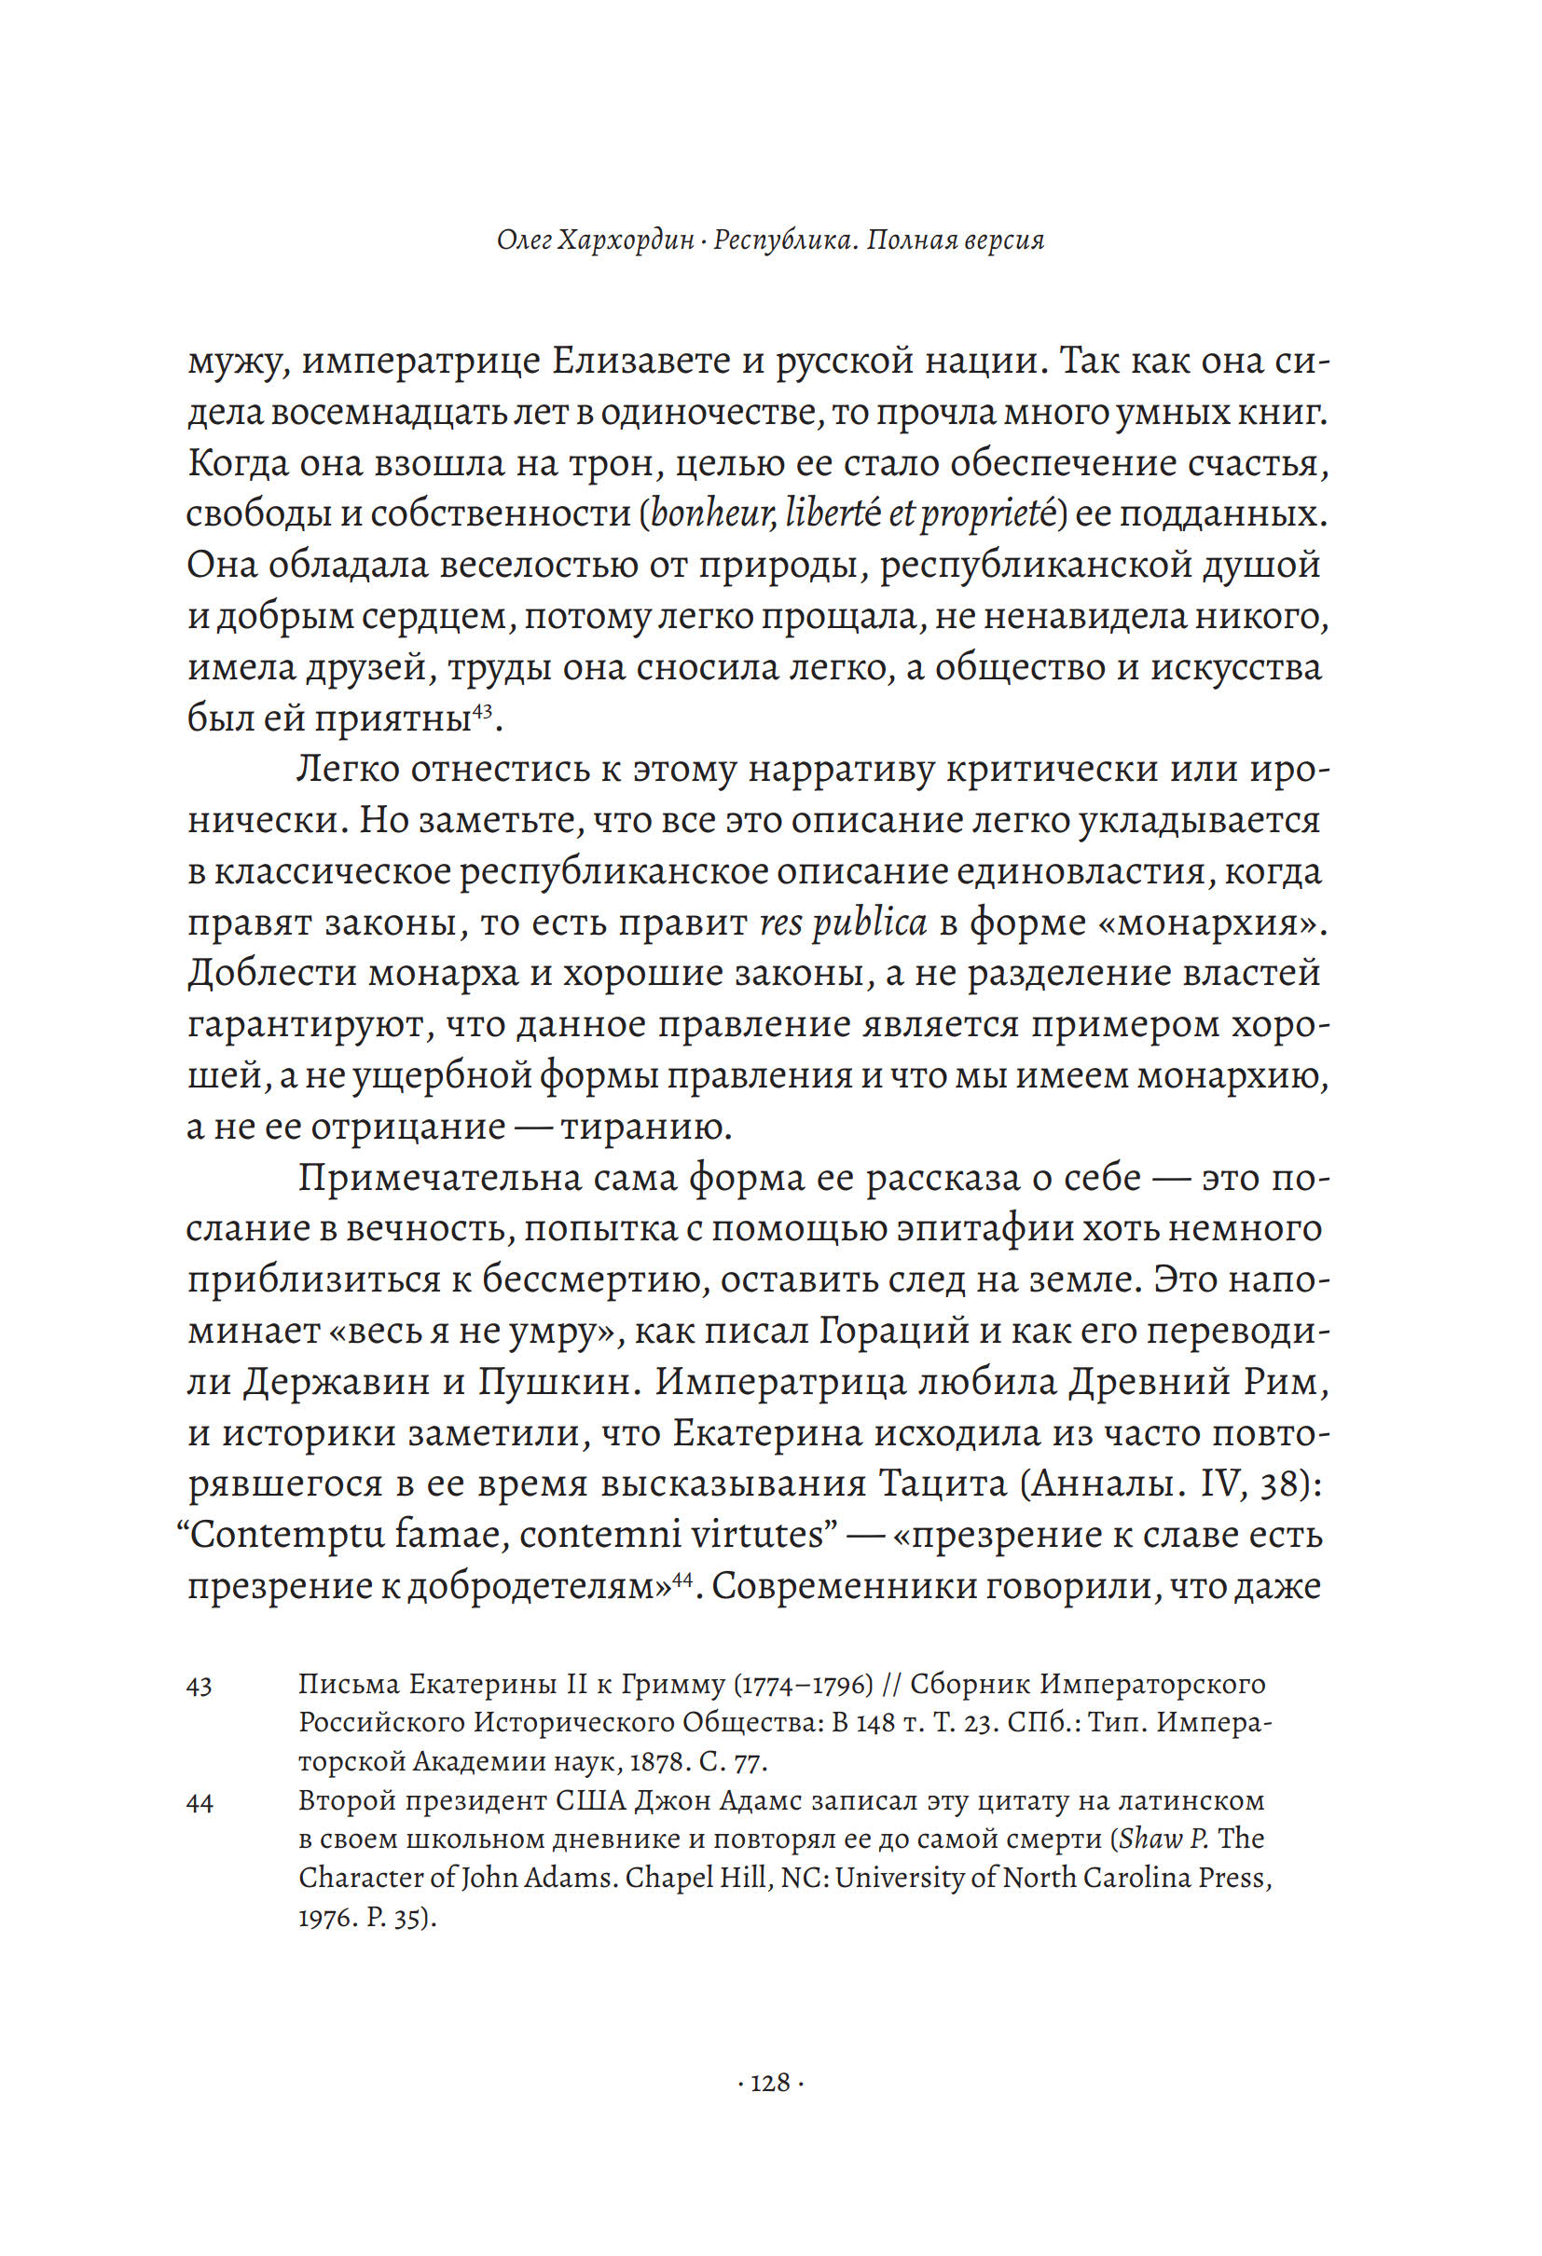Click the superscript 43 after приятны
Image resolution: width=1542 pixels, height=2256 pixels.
484,712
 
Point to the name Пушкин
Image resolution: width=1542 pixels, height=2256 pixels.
554,1381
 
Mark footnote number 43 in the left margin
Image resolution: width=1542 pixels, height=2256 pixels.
200,1686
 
